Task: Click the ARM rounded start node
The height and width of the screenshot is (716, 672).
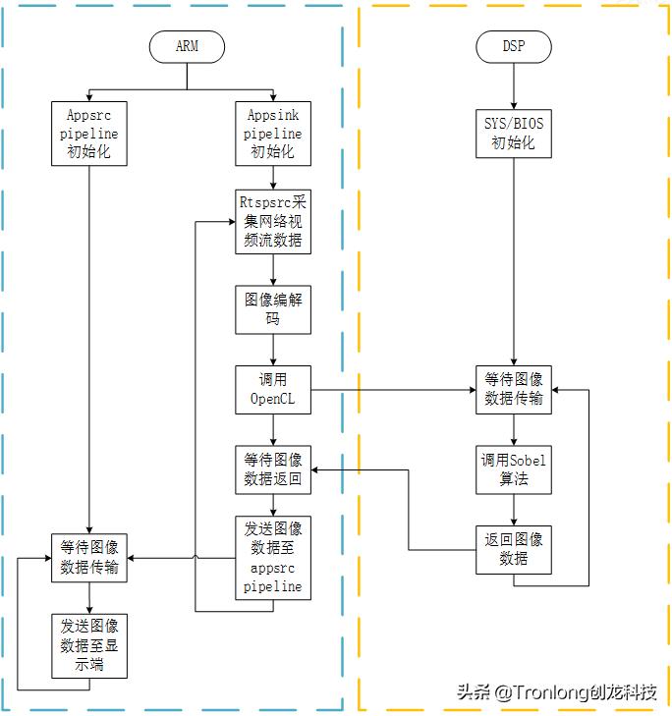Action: (x=187, y=46)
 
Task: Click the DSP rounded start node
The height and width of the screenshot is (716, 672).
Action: (x=513, y=46)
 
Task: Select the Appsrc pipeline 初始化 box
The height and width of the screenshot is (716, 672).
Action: (x=89, y=133)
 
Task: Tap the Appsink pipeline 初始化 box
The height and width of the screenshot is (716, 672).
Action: (x=272, y=133)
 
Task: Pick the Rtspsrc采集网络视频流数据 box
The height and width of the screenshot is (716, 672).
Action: (x=272, y=220)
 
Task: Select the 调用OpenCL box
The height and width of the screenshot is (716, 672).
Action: (x=272, y=390)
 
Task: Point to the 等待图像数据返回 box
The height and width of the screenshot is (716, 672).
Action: (x=272, y=469)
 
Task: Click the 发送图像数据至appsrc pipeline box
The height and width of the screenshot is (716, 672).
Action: (x=272, y=558)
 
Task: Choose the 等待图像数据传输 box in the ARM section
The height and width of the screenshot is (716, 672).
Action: (x=89, y=558)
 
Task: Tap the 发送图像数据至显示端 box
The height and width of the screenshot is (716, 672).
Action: (x=89, y=645)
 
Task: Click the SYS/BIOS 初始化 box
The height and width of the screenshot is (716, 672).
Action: (x=513, y=133)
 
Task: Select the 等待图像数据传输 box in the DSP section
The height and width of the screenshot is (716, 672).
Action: (x=513, y=390)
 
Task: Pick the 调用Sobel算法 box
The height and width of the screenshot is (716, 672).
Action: (x=513, y=469)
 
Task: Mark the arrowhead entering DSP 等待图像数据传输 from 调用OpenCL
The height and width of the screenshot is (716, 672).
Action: (x=470, y=390)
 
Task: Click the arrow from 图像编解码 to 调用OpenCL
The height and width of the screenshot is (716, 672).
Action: (x=272, y=351)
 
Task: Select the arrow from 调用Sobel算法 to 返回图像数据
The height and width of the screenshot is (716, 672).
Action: (x=513, y=509)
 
